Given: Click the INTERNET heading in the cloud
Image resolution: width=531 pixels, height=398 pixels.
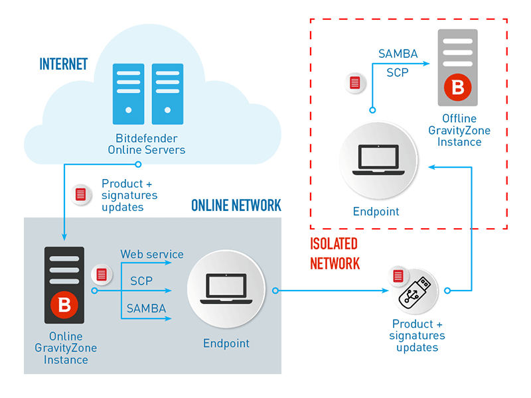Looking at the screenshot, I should click(x=64, y=64).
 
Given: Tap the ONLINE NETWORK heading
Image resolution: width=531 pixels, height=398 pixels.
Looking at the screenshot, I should click(x=236, y=205).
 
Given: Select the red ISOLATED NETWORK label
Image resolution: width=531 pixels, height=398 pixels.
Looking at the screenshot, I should click(x=335, y=253).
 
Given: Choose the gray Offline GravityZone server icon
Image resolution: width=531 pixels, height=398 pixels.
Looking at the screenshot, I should click(x=457, y=68).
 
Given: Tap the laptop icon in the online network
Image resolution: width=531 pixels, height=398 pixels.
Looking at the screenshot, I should click(x=226, y=289).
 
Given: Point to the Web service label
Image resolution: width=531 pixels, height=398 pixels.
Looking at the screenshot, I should click(x=152, y=254).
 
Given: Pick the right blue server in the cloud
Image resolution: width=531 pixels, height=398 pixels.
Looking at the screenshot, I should click(x=167, y=94).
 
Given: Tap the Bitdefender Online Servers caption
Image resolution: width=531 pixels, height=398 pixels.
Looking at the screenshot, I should click(x=147, y=144).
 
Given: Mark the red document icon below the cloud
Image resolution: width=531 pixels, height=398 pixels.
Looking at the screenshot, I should click(x=81, y=194).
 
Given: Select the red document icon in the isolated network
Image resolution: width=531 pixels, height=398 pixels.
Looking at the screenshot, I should click(x=355, y=83).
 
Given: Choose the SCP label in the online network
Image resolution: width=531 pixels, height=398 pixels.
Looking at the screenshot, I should click(x=141, y=281).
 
